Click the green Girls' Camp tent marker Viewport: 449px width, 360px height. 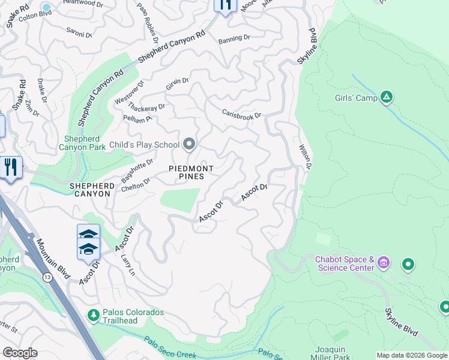point(387,97)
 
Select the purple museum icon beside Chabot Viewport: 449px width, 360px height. point(384,262)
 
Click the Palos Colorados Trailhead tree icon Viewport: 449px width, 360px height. point(93,314)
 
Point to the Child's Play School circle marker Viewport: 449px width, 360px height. point(190,144)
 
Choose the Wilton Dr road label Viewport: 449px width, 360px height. point(306,156)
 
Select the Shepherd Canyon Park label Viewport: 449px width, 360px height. point(86,144)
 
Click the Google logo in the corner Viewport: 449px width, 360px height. point(20,353)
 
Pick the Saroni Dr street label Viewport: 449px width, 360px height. point(79,35)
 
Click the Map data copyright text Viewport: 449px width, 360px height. point(412,355)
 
